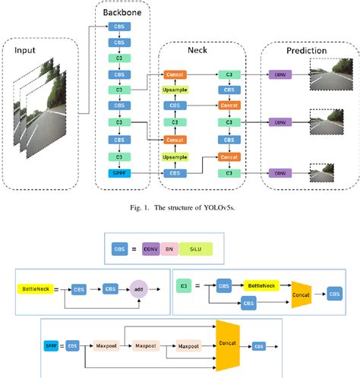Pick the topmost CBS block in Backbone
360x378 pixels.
coord(120,26)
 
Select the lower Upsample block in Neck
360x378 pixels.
coord(175,157)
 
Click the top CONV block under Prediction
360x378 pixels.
coord(279,74)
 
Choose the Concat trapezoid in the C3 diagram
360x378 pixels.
coord(302,293)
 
